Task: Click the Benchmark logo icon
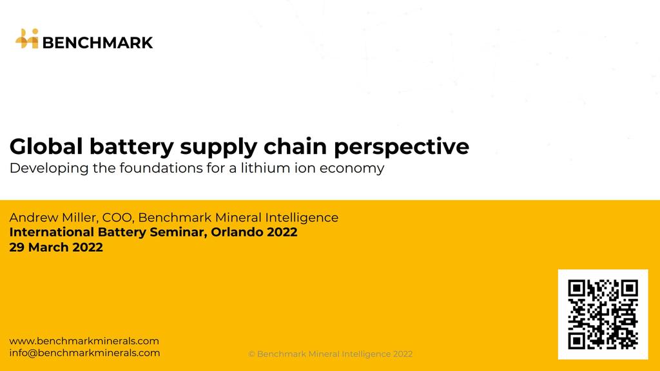(x=27, y=39)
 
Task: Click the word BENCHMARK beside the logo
(x=98, y=43)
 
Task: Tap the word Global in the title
(x=46, y=146)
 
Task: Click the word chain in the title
(x=295, y=146)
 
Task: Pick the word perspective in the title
(x=402, y=148)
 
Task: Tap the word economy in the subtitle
(x=352, y=169)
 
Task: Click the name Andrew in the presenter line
(x=34, y=218)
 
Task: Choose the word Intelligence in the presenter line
(x=302, y=218)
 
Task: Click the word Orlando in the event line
(x=233, y=232)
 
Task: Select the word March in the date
(x=48, y=247)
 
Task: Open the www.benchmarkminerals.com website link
(x=84, y=341)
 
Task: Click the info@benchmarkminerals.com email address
(x=84, y=352)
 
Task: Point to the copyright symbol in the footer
(x=251, y=354)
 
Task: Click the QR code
(x=603, y=314)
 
